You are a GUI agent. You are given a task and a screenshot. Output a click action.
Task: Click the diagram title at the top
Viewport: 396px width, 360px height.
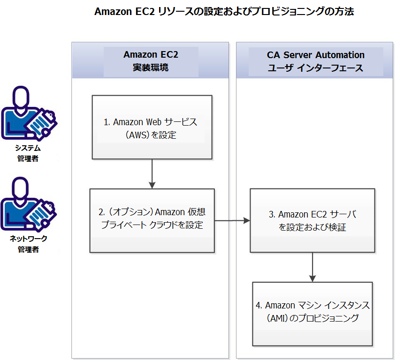tap(224, 12)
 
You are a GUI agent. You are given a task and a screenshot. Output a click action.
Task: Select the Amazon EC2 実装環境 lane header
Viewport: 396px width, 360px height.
tap(151, 61)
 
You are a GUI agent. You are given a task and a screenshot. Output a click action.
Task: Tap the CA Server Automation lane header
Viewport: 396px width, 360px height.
tap(315, 61)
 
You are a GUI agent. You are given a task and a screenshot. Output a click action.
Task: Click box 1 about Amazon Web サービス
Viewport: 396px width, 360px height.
tap(152, 127)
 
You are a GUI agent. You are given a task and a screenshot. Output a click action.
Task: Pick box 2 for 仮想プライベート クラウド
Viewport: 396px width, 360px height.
tap(152, 220)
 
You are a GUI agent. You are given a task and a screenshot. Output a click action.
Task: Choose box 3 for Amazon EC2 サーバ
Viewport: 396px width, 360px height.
tap(312, 220)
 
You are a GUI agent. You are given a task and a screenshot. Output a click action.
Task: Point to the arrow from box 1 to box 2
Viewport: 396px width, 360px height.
tap(152, 173)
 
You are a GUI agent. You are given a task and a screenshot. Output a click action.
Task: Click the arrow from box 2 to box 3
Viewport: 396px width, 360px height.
tap(232, 220)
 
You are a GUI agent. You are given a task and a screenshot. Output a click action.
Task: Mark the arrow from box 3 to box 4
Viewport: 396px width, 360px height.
tap(312, 267)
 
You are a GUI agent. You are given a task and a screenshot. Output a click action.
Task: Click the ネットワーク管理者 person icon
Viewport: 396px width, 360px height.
tap(28, 203)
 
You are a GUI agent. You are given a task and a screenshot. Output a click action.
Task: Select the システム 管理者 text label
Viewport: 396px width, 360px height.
tap(28, 153)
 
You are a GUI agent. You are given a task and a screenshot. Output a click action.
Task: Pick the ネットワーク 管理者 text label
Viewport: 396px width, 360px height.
tap(28, 244)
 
